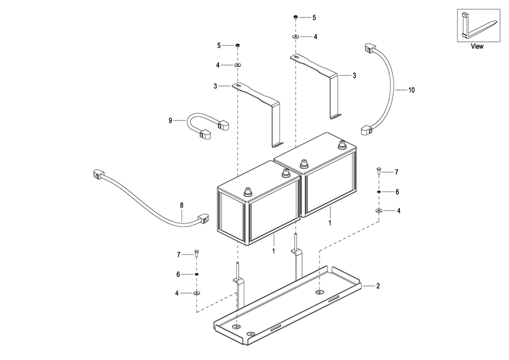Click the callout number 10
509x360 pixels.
[x=411, y=90]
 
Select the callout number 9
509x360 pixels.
[x=170, y=121]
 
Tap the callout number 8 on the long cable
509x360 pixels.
[x=182, y=205]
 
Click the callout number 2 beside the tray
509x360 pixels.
[x=378, y=286]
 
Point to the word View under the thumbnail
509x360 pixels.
[x=477, y=46]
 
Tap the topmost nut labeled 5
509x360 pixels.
[x=296, y=17]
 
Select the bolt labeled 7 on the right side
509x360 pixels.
[x=379, y=171]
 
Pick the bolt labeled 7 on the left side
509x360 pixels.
[x=196, y=254]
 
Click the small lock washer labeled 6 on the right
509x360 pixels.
[x=379, y=192]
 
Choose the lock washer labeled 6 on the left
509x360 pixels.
[x=196, y=274]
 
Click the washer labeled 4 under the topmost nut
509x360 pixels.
[x=296, y=37]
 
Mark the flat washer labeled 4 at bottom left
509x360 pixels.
[x=196, y=293]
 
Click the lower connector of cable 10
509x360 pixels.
[x=367, y=130]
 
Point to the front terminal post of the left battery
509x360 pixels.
[x=248, y=192]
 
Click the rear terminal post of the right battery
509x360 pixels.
[x=342, y=144]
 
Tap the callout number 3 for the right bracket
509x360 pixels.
[x=354, y=75]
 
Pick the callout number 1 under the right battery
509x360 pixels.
[x=330, y=223]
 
